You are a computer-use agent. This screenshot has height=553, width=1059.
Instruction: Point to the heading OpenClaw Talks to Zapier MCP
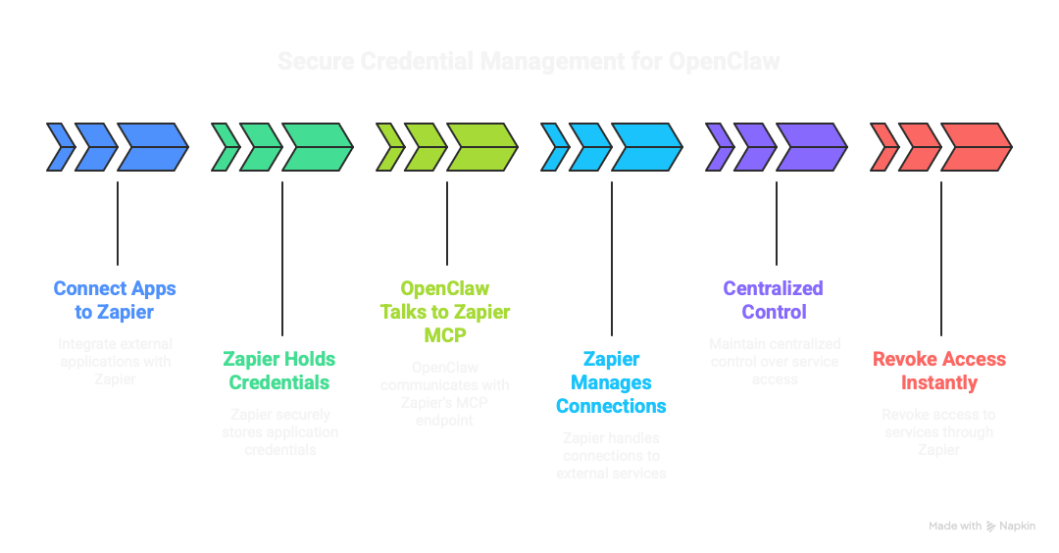(445, 312)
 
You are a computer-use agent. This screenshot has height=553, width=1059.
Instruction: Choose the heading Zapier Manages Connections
(611, 382)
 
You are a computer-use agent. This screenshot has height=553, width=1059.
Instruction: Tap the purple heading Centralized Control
(773, 300)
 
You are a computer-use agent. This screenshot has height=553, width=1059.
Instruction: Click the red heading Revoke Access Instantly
(939, 371)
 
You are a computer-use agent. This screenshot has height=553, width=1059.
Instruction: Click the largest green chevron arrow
(317, 147)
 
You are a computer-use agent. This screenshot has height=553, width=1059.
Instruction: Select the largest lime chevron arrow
(481, 147)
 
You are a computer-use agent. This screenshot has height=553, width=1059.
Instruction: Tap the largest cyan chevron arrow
(646, 147)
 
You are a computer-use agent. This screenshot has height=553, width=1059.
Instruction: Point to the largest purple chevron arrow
(811, 147)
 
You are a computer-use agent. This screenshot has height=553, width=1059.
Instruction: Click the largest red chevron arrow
(976, 147)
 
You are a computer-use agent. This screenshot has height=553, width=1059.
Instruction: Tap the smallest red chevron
(883, 147)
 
